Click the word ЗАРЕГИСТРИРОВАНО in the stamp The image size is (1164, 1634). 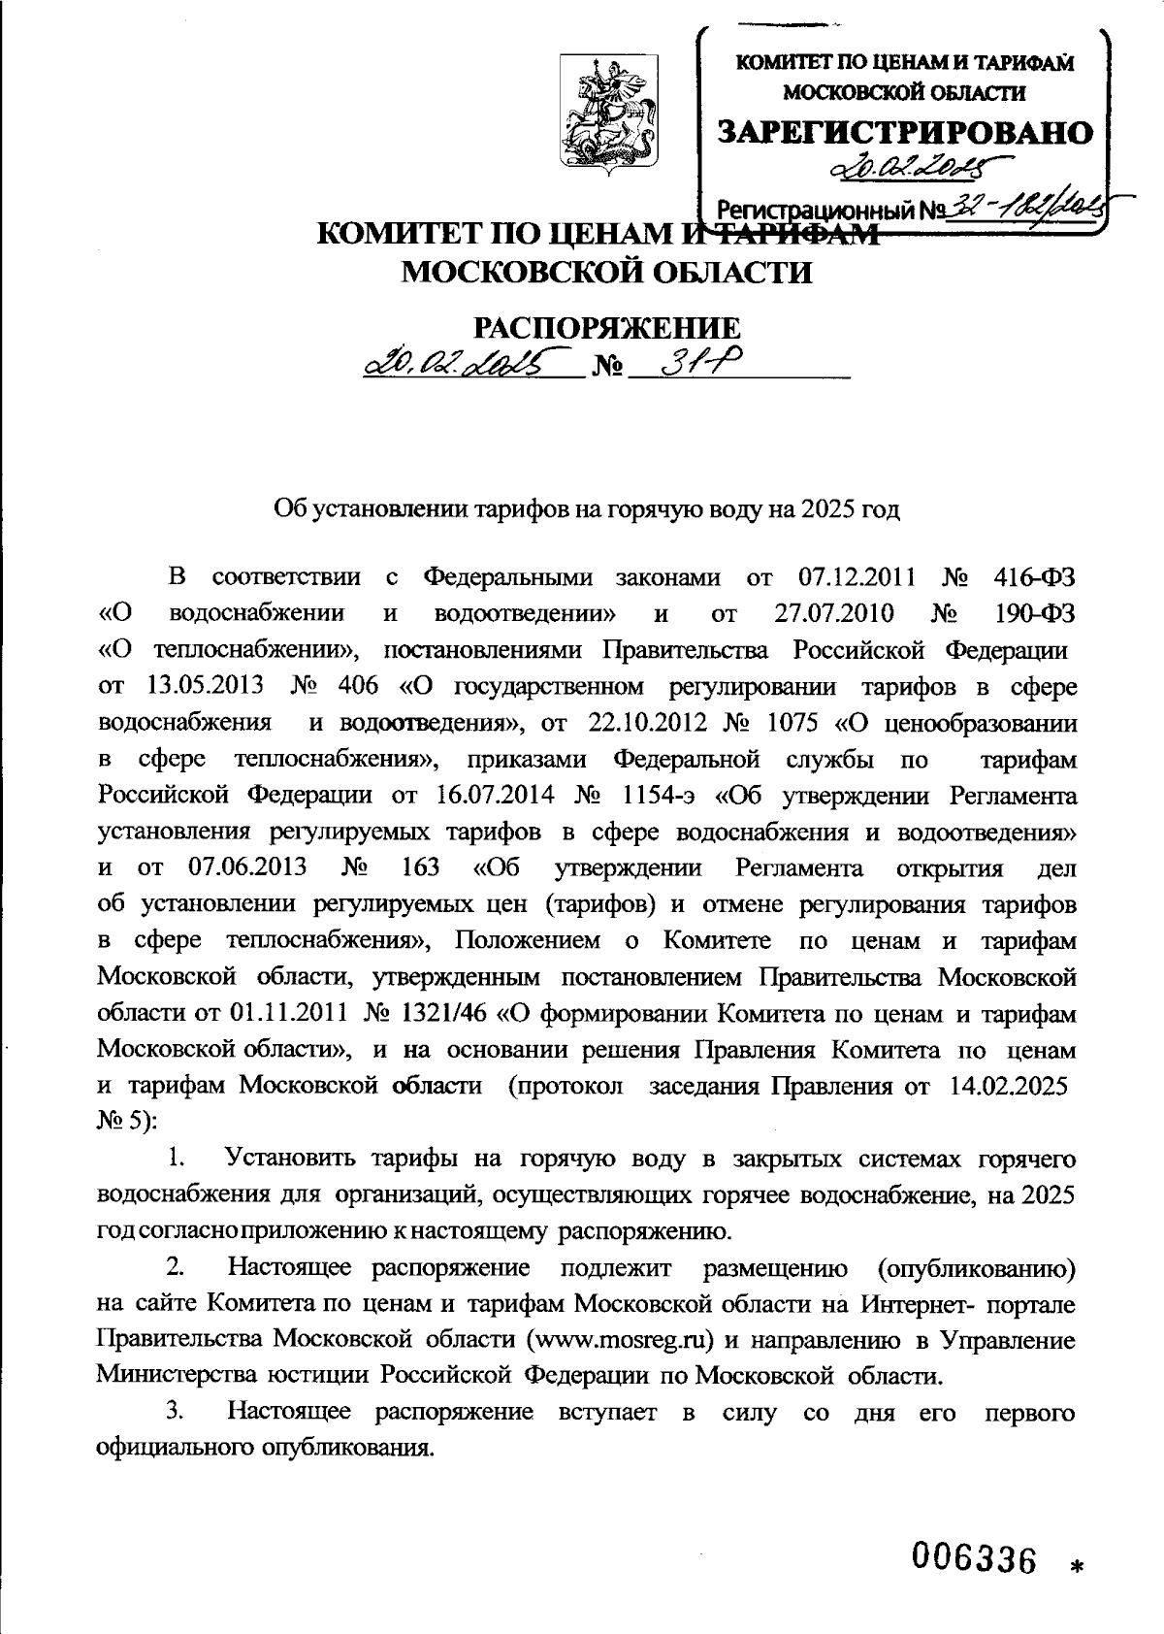pyautogui.click(x=905, y=133)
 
